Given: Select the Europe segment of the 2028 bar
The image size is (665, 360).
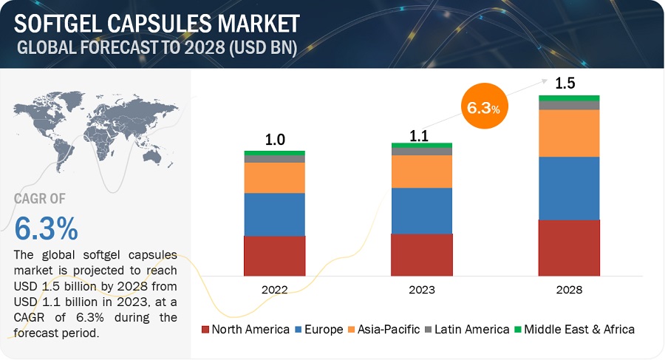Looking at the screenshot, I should [569, 188].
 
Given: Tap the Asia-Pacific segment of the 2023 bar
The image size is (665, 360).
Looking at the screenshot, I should [421, 171].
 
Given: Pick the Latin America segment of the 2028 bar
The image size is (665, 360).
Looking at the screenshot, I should [569, 105].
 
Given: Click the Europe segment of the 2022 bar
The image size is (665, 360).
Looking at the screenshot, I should [274, 214].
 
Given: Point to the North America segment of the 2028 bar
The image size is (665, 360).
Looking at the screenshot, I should [569, 248].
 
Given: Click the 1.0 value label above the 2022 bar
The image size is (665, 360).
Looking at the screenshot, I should [275, 140].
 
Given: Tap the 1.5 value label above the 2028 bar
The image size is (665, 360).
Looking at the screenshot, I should [565, 83].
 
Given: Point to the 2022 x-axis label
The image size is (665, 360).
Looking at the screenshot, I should [275, 290].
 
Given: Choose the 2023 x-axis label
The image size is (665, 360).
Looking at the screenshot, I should [422, 290].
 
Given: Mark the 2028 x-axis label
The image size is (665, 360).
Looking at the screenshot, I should [569, 290].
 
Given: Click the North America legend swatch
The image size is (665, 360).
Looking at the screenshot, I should [205, 329].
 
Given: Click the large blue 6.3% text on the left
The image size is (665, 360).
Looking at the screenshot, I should [46, 228].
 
